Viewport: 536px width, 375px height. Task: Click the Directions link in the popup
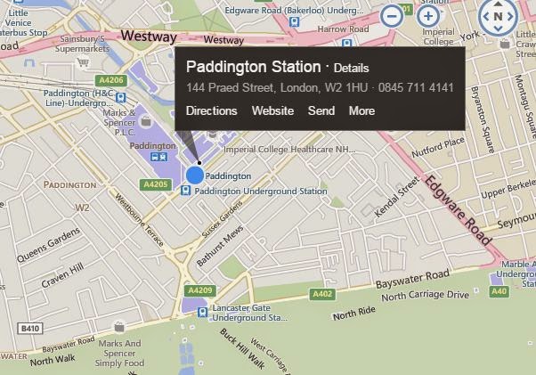pyautogui.click(x=212, y=111)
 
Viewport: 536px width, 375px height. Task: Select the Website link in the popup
pyautogui.click(x=272, y=111)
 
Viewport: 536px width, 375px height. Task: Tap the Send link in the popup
pyautogui.click(x=321, y=111)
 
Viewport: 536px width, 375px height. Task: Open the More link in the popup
pyautogui.click(x=361, y=111)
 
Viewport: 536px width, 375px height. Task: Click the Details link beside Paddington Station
pyautogui.click(x=351, y=69)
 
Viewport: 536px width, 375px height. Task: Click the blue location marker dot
pyautogui.click(x=195, y=175)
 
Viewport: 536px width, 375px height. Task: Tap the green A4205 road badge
pyautogui.click(x=155, y=184)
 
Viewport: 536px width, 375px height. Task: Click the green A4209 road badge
pyautogui.click(x=199, y=290)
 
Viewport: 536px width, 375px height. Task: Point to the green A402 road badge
pyautogui.click(x=321, y=294)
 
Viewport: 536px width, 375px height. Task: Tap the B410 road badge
pyautogui.click(x=31, y=329)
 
